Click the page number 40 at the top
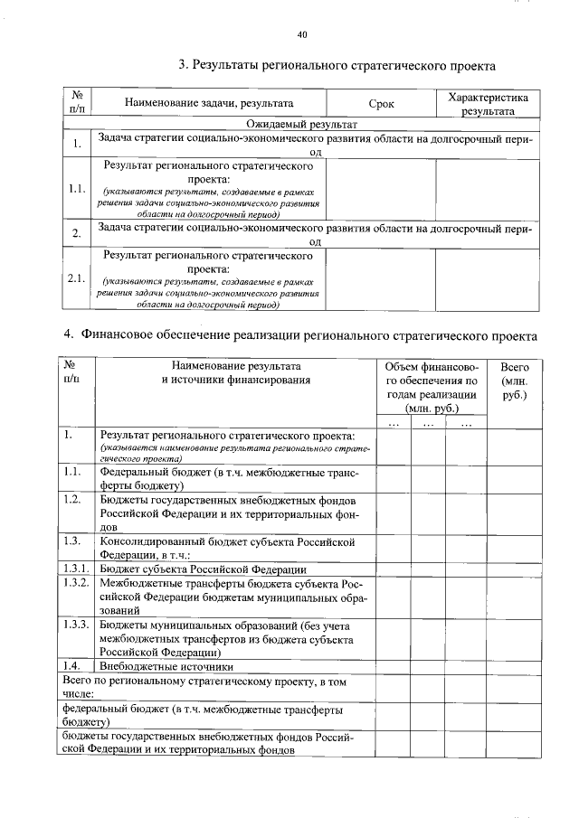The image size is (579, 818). tap(302, 35)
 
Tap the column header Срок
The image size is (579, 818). tap(382, 104)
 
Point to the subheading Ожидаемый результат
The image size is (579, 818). tap(302, 124)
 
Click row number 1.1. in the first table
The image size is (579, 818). tap(76, 189)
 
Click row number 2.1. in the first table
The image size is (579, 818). tap(76, 278)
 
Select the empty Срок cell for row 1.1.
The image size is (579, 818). tap(381, 189)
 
